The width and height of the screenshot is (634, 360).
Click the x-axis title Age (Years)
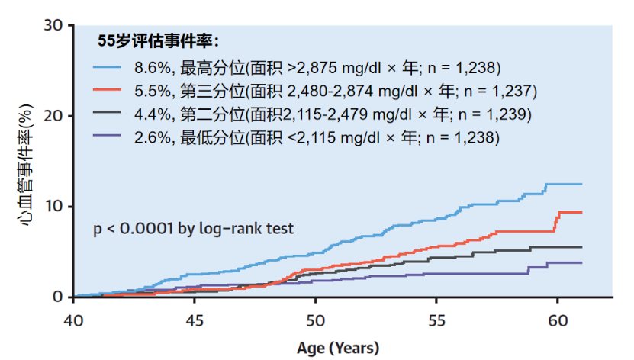pyautogui.click(x=337, y=348)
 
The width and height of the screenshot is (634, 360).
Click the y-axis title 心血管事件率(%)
pyautogui.click(x=23, y=161)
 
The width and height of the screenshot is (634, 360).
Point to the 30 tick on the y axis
pyautogui.click(x=53, y=25)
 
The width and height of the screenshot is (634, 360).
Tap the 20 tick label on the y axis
pyautogui.click(x=53, y=116)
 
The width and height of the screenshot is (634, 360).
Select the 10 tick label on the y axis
pyautogui.click(x=53, y=207)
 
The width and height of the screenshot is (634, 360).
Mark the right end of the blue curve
pyautogui.click(x=581, y=185)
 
